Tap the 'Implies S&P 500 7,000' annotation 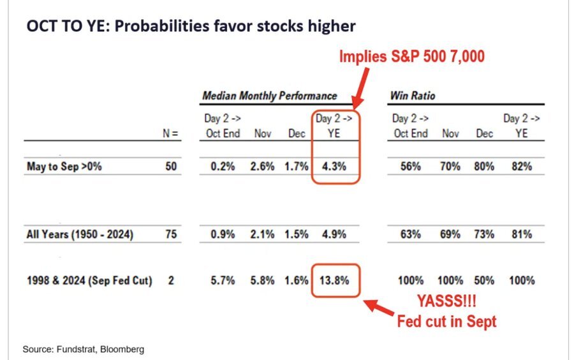pyautogui.click(x=412, y=57)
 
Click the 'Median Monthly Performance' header pyautogui.click(x=269, y=96)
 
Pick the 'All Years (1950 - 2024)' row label pyautogui.click(x=80, y=234)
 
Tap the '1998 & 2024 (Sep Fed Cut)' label pyautogui.click(x=89, y=280)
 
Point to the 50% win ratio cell pyautogui.click(x=485, y=280)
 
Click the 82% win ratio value pyautogui.click(x=520, y=167)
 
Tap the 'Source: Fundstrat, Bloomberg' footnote pyautogui.click(x=83, y=349)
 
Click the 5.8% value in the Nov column pyautogui.click(x=263, y=280)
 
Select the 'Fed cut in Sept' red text pyautogui.click(x=446, y=320)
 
